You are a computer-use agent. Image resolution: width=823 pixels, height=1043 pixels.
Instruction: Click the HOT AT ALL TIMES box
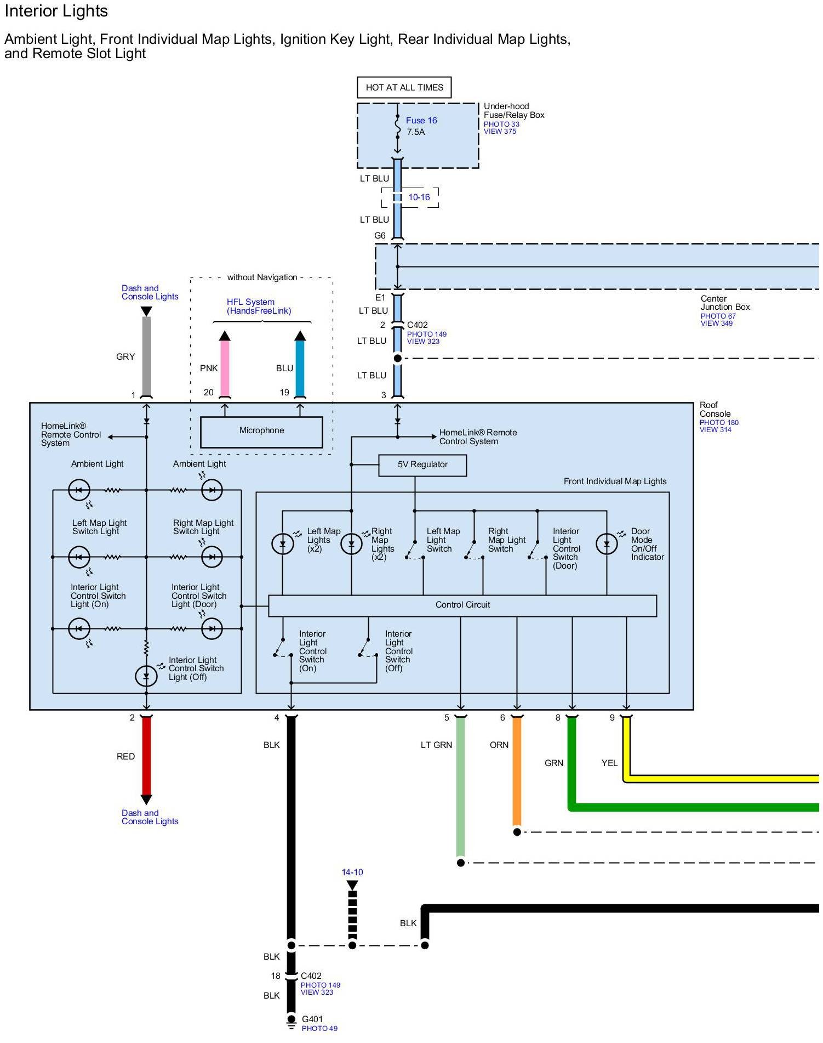(x=404, y=88)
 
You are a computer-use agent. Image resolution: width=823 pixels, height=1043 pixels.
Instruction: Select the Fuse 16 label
(x=421, y=121)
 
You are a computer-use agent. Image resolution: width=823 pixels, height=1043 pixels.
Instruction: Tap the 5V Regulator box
(x=422, y=464)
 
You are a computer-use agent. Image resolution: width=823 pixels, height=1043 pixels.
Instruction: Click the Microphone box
(x=261, y=431)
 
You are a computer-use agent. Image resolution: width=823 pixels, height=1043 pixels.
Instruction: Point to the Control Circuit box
(x=462, y=605)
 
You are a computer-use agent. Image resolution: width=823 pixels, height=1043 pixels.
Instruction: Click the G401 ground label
(x=312, y=1019)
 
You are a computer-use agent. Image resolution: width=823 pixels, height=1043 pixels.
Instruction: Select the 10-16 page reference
(x=419, y=197)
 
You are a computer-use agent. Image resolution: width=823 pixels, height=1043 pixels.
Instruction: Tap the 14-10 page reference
(x=352, y=872)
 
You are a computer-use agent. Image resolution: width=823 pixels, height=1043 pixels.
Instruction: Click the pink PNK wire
(x=225, y=367)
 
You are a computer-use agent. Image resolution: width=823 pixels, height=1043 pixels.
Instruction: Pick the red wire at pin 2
(x=146, y=757)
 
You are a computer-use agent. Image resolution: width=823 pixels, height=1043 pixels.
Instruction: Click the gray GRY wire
(x=146, y=356)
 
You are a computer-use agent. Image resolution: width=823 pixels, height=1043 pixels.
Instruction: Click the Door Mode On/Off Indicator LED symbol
(x=607, y=544)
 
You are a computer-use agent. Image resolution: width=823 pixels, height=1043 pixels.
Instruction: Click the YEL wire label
(x=609, y=763)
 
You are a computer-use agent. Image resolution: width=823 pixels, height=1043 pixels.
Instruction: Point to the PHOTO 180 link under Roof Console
(x=719, y=422)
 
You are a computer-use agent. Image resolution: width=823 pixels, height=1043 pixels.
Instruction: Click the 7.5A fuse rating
(x=416, y=132)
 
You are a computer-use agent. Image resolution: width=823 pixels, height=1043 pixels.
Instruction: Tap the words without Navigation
(x=262, y=277)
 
